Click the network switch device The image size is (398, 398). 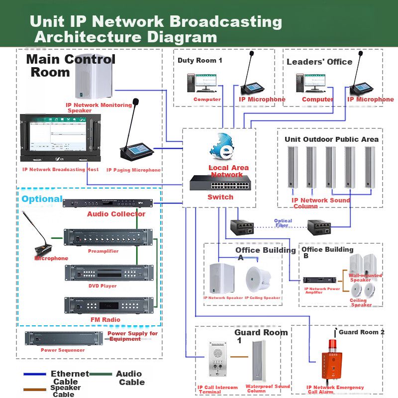tap(219, 184)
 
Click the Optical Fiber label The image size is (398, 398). tap(283, 223)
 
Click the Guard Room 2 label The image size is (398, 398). tap(362, 332)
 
